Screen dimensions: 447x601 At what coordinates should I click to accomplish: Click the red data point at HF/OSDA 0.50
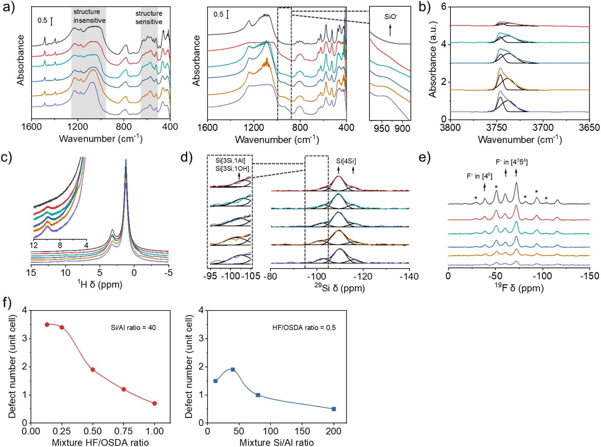click(x=93, y=370)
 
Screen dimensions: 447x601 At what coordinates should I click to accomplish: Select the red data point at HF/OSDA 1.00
click(x=155, y=403)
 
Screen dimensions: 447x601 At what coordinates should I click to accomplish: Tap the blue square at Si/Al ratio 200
click(x=334, y=409)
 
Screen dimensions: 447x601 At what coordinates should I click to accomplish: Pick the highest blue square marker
click(x=233, y=369)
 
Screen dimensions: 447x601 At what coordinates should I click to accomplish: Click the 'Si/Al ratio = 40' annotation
click(x=133, y=328)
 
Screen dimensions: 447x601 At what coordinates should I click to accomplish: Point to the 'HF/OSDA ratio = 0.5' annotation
click(x=304, y=328)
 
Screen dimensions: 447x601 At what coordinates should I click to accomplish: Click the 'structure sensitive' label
click(x=149, y=18)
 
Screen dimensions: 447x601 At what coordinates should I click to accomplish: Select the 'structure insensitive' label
click(x=89, y=16)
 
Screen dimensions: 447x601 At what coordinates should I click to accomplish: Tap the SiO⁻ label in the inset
click(x=391, y=17)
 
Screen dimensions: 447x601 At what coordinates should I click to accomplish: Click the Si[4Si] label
click(x=346, y=161)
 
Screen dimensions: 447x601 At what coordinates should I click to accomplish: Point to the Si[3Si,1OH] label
click(x=232, y=169)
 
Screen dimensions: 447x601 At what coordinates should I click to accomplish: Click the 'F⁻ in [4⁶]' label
click(x=479, y=176)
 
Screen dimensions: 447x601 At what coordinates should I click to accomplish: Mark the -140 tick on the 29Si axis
click(x=409, y=276)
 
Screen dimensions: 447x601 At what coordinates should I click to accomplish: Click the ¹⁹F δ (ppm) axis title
click(x=519, y=288)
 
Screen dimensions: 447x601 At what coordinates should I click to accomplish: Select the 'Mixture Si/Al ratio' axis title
click(x=276, y=442)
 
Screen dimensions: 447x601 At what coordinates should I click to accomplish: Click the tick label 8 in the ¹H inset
click(x=60, y=245)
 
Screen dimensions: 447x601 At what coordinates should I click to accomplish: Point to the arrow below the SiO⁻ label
click(x=390, y=30)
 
